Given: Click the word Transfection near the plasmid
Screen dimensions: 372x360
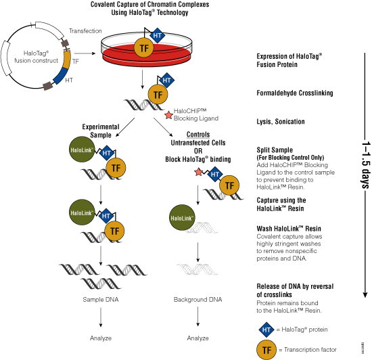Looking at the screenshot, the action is click(85, 31).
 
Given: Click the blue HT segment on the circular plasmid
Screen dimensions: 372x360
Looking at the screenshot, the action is click(62, 76).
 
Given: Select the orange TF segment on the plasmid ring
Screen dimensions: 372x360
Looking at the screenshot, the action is click(68, 60).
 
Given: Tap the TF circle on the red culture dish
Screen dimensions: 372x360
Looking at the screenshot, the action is click(144, 49).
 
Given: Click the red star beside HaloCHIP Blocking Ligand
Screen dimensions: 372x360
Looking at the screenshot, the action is click(168, 115).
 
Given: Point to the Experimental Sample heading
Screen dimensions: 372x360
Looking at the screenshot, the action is click(101, 131).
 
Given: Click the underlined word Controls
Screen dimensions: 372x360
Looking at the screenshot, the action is click(198, 134).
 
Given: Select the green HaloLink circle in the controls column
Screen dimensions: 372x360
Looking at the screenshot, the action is click(182, 218).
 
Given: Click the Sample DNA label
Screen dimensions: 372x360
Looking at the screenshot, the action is click(101, 300).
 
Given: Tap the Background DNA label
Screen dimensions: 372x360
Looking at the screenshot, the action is click(198, 300).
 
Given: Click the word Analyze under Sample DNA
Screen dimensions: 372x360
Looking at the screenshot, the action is click(101, 338).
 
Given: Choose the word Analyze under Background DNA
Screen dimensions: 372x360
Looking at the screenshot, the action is click(198, 338).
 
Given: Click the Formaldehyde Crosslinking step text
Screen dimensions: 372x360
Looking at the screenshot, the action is click(295, 93).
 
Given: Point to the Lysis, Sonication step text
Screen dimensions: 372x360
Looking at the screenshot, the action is click(281, 122).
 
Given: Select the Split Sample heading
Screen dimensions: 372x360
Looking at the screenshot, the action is click(275, 150).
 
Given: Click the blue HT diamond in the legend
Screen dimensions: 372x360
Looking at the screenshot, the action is click(266, 330).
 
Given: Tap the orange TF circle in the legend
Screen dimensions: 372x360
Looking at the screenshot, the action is click(266, 350).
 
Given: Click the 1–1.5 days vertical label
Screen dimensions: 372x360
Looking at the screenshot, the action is click(366, 164).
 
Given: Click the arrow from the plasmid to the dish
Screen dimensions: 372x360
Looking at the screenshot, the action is click(85, 53).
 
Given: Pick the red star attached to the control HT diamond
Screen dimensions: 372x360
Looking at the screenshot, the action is click(198, 172).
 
